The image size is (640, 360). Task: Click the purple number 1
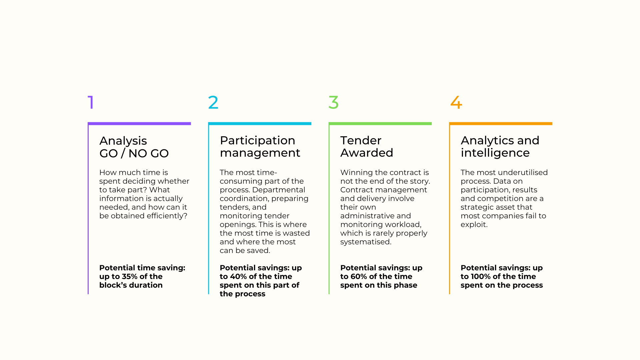tap(91, 102)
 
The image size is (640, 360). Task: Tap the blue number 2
tap(213, 102)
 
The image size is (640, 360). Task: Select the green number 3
tap(334, 102)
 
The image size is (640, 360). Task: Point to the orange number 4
tap(456, 102)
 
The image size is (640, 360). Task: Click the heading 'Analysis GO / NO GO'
tap(134, 147)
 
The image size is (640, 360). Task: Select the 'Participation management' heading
tap(260, 147)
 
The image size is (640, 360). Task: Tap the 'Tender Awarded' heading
tap(367, 147)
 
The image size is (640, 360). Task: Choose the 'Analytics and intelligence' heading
tap(500, 147)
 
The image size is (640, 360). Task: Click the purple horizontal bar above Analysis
tap(139, 124)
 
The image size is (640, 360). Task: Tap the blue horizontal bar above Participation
tap(260, 124)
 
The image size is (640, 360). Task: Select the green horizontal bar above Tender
tap(380, 124)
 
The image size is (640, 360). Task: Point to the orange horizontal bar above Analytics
tap(501, 124)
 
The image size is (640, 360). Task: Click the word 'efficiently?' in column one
tap(167, 216)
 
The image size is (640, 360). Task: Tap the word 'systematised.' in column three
tap(366, 242)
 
